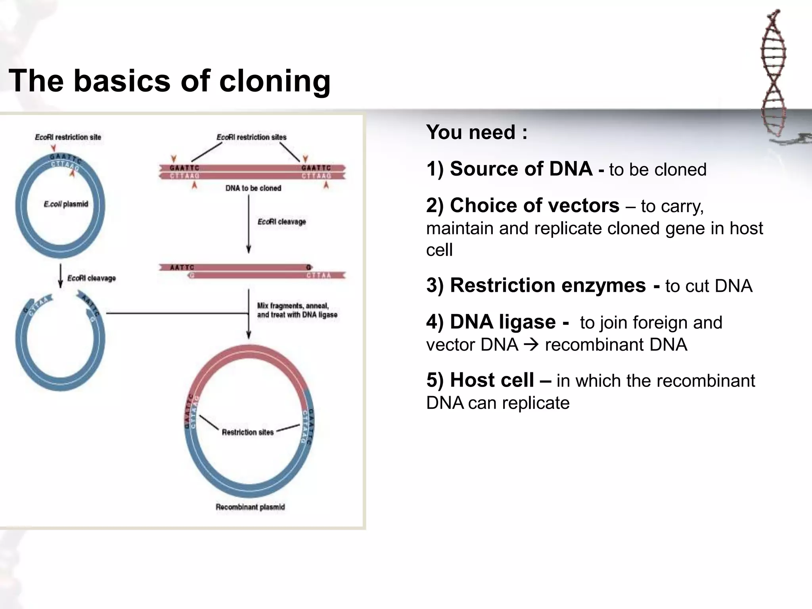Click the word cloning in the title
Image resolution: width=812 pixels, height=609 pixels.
(274, 81)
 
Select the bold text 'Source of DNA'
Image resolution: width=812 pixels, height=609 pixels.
(521, 169)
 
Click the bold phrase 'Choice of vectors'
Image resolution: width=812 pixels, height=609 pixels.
(534, 205)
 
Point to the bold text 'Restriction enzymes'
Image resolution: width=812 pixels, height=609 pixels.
(548, 285)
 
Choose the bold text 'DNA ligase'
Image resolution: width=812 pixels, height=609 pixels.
(503, 322)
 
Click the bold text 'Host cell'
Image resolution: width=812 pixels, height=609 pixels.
(492, 380)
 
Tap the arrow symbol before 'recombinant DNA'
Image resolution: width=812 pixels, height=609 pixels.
(531, 345)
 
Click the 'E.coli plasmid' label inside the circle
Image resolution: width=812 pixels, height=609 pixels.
(66, 204)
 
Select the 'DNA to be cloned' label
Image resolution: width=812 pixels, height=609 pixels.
(253, 188)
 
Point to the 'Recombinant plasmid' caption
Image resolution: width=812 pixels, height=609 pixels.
(250, 507)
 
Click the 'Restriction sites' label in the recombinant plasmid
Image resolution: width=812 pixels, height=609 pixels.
(247, 433)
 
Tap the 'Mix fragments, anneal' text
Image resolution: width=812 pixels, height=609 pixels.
(293, 306)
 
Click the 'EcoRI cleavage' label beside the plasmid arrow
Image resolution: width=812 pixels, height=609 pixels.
(91, 278)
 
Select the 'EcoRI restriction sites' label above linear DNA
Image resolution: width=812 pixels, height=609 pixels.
(251, 137)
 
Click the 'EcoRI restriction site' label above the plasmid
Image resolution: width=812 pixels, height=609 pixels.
(68, 137)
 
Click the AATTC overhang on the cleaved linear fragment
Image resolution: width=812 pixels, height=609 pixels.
(182, 268)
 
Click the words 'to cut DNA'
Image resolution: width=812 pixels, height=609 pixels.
(709, 286)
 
